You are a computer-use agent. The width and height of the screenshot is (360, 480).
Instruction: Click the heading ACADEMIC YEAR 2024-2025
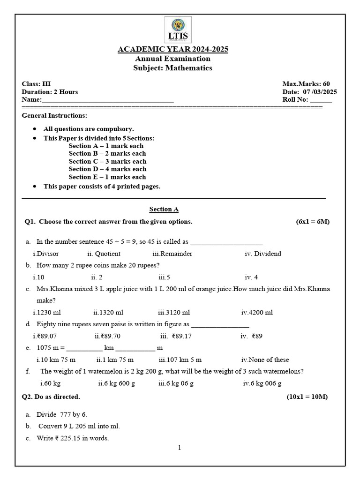pyautogui.click(x=172, y=50)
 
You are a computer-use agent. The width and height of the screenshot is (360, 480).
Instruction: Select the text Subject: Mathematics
pyautogui.click(x=173, y=68)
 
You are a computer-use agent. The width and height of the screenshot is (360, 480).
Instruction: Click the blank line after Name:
pyautogui.click(x=107, y=100)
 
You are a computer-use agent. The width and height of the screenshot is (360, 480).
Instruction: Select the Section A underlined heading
pyautogui.click(x=164, y=210)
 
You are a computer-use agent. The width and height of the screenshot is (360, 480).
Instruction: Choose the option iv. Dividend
pyautogui.click(x=263, y=254)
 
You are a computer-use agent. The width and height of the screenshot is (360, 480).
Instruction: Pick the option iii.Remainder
pyautogui.click(x=172, y=254)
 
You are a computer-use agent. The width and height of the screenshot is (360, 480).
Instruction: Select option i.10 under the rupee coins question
pyautogui.click(x=38, y=277)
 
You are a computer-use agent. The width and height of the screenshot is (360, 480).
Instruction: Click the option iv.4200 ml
pyautogui.click(x=257, y=312)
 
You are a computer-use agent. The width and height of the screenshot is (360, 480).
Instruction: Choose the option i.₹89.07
pyautogui.click(x=45, y=336)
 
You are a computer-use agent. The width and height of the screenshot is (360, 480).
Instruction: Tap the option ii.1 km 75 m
pyautogui.click(x=115, y=360)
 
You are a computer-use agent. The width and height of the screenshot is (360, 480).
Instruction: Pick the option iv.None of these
pyautogui.click(x=265, y=360)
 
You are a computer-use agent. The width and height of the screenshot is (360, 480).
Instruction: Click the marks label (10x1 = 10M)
pyautogui.click(x=307, y=397)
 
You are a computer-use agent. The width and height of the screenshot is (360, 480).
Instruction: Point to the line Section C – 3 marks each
pyautogui.click(x=107, y=161)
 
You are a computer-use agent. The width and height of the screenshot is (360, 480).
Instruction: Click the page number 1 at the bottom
pyautogui.click(x=179, y=448)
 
